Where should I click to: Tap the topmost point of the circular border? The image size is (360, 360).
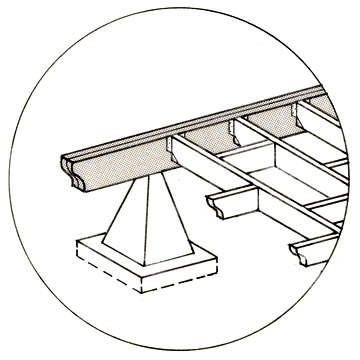pos(180,3)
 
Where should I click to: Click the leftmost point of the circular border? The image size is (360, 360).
pos(3,180)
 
